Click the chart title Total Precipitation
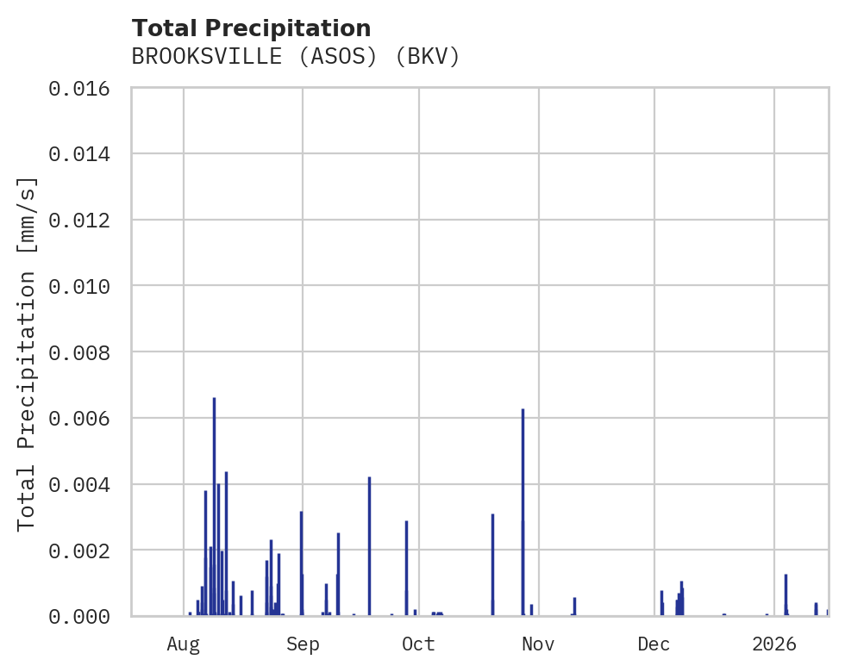click(x=251, y=28)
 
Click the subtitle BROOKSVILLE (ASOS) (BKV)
click(x=296, y=57)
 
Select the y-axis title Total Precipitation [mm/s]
click(x=27, y=352)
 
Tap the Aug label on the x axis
click(x=184, y=644)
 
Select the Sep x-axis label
click(x=303, y=644)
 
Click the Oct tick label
click(x=418, y=644)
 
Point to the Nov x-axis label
click(x=537, y=644)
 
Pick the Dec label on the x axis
click(x=654, y=644)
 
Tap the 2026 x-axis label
click(x=773, y=644)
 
